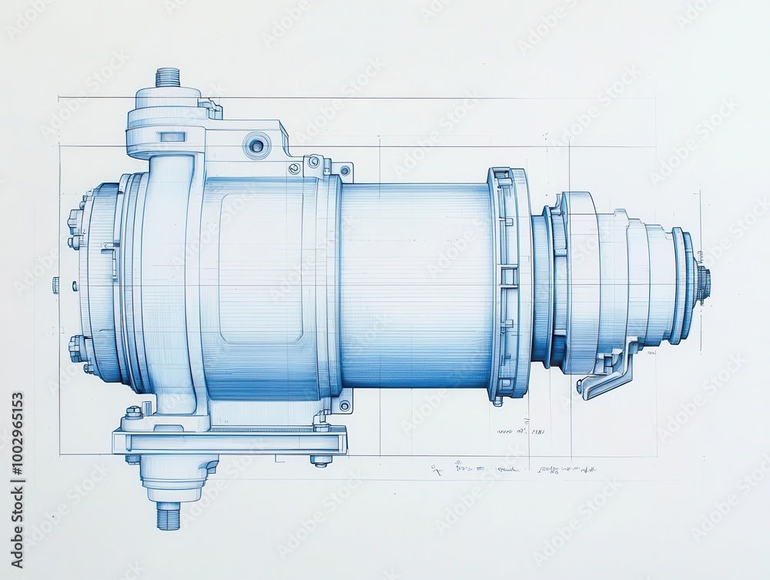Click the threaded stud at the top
pos(167,77)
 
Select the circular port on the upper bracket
pos(256,145)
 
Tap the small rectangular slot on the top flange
pos(172,137)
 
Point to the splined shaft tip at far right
pos(704,283)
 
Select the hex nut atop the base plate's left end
pos(134,412)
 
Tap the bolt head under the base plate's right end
pos(321,461)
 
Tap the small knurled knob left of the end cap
pos(55,284)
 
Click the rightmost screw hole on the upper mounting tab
pos(345,170)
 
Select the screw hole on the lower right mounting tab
pos(344,404)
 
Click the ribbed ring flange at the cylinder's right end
pos(508,285)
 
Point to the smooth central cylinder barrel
pos(416,285)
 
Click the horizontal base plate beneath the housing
pos(231,442)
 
